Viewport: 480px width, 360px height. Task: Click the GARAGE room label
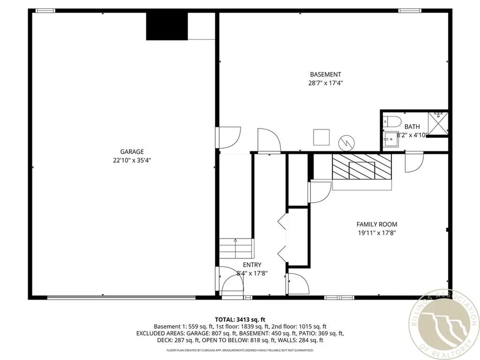click(132, 151)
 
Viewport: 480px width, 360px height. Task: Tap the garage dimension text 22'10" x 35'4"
click(132, 160)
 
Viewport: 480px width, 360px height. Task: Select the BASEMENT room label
click(325, 75)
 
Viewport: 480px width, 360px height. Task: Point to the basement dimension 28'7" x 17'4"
click(325, 83)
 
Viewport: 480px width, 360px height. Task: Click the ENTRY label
click(252, 265)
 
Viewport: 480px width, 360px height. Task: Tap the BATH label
click(412, 127)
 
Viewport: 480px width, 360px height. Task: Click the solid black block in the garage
click(167, 26)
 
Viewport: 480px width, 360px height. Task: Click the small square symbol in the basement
click(322, 137)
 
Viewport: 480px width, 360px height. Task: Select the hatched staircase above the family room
click(361, 167)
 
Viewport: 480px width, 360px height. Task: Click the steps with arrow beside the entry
click(236, 247)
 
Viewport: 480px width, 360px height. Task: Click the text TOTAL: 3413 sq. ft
click(240, 320)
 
